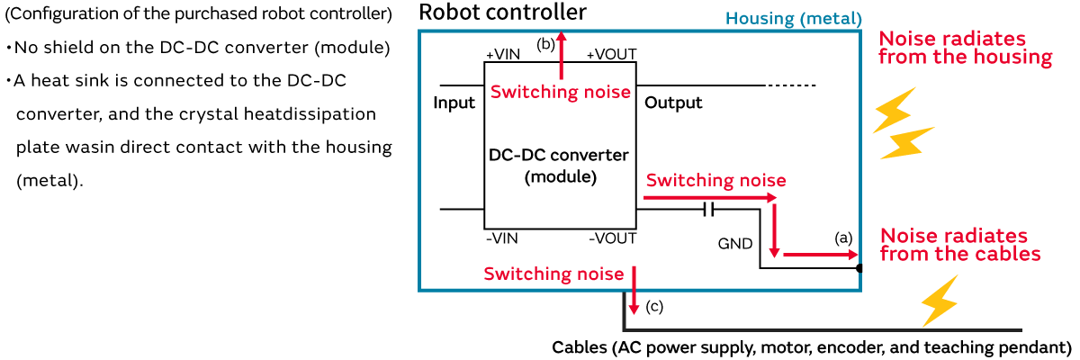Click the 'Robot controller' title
coord(502,13)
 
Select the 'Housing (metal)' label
coord(793,19)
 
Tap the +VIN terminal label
coord(502,54)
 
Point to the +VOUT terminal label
coord(611,54)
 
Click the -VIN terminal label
coord(501,238)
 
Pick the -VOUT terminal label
coord(613,238)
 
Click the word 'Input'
coord(454,103)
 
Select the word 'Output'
coord(673,103)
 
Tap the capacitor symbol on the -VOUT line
coord(708,210)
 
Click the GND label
coord(735,243)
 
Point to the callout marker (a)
coord(842,238)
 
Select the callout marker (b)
coord(545,43)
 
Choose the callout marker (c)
coord(654,307)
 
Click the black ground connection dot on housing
coord(859,268)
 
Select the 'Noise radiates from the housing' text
coord(965,49)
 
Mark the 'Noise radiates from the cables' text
coord(959,245)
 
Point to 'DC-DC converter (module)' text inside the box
coord(559,166)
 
